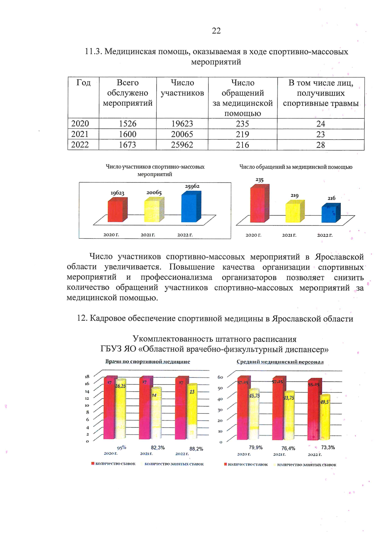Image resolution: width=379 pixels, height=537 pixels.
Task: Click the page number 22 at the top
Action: coord(216,31)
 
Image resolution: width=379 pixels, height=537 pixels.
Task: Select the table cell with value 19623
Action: coord(182,124)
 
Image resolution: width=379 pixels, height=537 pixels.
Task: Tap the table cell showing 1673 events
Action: coord(128,145)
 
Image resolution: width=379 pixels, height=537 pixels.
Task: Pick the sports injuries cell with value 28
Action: coord(321,145)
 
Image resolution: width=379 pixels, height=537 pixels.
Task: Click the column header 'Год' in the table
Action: coord(83,83)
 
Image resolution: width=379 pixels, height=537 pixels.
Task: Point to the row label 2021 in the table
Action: coord(80,134)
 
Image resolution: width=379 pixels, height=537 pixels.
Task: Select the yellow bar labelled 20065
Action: coord(154,210)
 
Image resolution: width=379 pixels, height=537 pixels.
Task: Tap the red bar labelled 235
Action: coord(259,204)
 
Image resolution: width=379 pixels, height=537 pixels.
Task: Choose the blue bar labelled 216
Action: coord(331,213)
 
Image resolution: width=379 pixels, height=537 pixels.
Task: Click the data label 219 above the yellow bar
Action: coord(294,196)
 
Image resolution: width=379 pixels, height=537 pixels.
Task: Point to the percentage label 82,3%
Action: coord(158,448)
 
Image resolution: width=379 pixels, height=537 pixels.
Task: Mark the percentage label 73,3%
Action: coord(328,447)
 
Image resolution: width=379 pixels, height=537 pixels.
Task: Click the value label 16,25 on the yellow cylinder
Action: coord(120,386)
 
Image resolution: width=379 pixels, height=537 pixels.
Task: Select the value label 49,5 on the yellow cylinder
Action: coord(324,402)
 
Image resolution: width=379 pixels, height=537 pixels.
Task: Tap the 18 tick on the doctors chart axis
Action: coord(87,377)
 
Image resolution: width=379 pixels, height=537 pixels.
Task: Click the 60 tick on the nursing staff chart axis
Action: coord(220,377)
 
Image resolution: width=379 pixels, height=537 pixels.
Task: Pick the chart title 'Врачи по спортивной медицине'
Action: coord(147,362)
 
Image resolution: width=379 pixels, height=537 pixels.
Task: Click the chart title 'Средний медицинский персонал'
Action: coord(280,362)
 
